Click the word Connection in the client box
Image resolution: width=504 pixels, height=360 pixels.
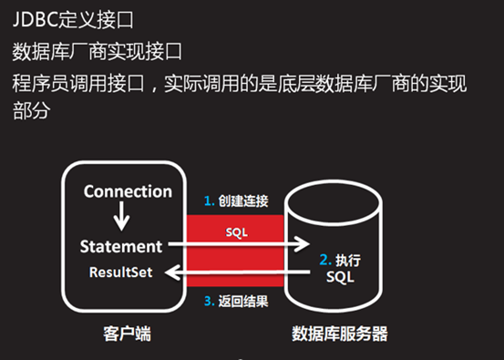(127, 191)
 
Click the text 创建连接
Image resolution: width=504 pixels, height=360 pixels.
(242, 201)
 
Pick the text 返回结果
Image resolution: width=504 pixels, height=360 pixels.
(242, 303)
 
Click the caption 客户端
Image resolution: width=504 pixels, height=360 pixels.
(120, 334)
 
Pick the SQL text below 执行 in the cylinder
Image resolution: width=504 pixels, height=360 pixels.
(339, 277)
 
